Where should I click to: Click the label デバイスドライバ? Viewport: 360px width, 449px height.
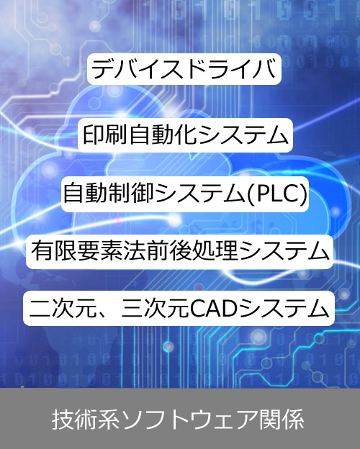184,69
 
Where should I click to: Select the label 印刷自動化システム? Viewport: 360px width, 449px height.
185,135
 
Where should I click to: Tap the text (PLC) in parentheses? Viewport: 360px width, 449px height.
277,194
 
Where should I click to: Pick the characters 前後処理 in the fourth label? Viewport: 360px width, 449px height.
192,251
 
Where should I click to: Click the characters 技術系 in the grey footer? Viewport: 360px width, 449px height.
86,419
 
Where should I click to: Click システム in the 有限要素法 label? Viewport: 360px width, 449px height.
284,251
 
